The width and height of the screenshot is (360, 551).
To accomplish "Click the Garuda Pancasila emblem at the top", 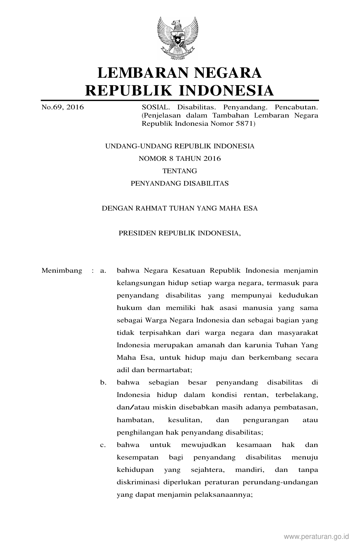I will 178,38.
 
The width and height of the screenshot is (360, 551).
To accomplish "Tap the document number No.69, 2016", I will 63,107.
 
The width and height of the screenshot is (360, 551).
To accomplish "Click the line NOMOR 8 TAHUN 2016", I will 180,159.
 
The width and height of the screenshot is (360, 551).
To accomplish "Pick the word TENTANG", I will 180,171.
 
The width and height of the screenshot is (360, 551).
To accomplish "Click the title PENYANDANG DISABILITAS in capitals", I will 180,183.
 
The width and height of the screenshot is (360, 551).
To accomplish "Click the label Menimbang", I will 62,271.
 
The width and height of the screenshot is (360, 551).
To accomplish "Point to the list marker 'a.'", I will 103,271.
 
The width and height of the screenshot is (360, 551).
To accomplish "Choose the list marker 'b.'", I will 103,383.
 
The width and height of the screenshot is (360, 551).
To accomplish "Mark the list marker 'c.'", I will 103,445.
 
